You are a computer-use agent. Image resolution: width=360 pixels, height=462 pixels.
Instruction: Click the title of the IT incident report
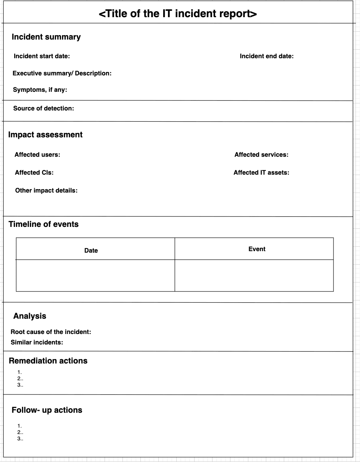(178, 14)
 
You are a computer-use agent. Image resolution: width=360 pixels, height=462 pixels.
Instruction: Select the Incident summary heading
(46, 37)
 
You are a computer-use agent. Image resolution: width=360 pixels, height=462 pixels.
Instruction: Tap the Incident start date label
(42, 56)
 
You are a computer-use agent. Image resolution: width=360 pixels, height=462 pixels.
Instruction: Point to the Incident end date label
(267, 56)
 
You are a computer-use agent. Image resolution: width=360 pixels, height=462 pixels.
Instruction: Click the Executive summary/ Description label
(62, 74)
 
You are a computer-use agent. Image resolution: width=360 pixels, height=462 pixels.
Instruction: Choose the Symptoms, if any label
(40, 90)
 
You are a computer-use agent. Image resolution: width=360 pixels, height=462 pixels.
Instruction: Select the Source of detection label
(43, 109)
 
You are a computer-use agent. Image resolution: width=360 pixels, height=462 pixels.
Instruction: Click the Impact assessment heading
(45, 135)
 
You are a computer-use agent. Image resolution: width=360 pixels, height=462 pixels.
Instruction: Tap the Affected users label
(37, 155)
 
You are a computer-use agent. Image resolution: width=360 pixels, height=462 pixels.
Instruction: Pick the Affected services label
(261, 155)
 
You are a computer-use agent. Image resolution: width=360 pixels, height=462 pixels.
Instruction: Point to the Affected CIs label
(34, 173)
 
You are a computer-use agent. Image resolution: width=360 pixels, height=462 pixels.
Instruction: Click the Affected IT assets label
(261, 173)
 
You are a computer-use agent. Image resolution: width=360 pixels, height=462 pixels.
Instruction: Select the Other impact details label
(46, 191)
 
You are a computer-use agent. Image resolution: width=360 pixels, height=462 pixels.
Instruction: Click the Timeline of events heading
(44, 224)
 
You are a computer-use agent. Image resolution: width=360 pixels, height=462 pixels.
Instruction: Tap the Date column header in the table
(91, 250)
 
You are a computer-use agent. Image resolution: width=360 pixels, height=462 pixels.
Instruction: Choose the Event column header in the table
(257, 249)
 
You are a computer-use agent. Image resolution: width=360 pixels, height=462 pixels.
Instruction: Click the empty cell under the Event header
(254, 275)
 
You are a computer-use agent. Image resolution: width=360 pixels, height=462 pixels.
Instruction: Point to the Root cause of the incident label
(51, 332)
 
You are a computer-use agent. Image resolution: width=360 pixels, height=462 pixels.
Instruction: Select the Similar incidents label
(37, 343)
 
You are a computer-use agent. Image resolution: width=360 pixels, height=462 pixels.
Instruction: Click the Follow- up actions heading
(47, 410)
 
